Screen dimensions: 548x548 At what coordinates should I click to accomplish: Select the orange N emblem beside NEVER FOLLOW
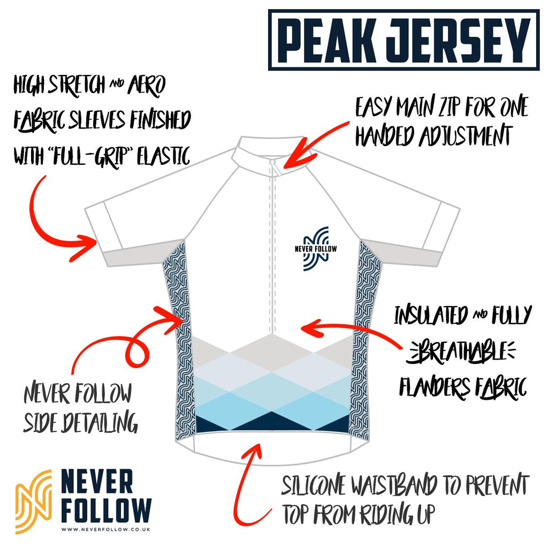(x=33, y=500)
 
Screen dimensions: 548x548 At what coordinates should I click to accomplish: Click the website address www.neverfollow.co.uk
(x=105, y=530)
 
